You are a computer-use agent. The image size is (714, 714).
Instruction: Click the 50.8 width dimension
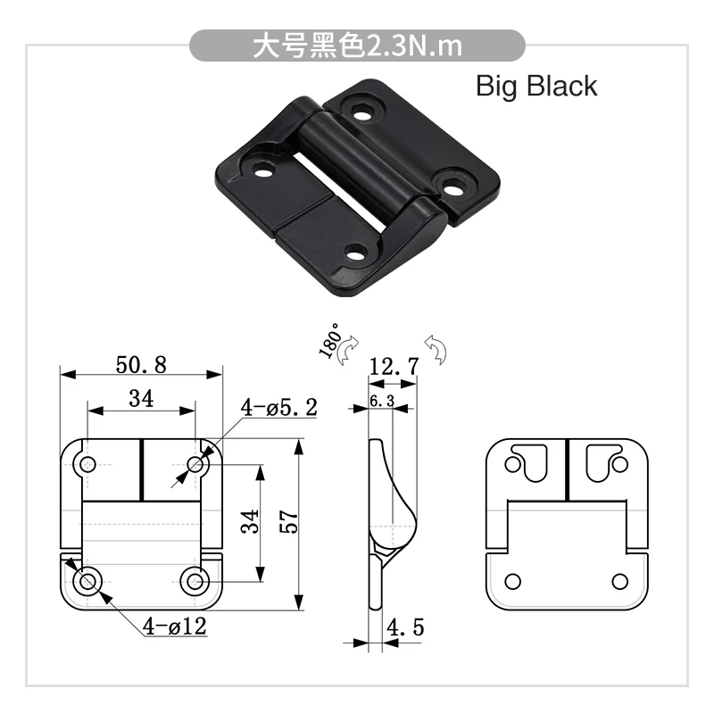pyautogui.click(x=141, y=365)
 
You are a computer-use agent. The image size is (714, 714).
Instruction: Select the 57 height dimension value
pyautogui.click(x=289, y=522)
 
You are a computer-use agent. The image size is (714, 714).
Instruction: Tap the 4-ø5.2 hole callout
pyautogui.click(x=278, y=407)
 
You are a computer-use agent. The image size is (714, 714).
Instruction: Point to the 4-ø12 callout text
pyautogui.click(x=175, y=627)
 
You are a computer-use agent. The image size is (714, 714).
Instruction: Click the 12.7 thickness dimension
pyautogui.click(x=394, y=367)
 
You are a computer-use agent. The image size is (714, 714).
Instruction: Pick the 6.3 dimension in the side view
pyautogui.click(x=382, y=401)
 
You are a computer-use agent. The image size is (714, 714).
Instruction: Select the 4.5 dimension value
pyautogui.click(x=405, y=627)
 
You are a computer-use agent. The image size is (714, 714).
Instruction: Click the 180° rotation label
pyautogui.click(x=330, y=341)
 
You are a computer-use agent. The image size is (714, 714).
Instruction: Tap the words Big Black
pyautogui.click(x=536, y=86)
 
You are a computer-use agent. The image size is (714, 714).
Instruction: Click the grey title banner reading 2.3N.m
pyautogui.click(x=357, y=46)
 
